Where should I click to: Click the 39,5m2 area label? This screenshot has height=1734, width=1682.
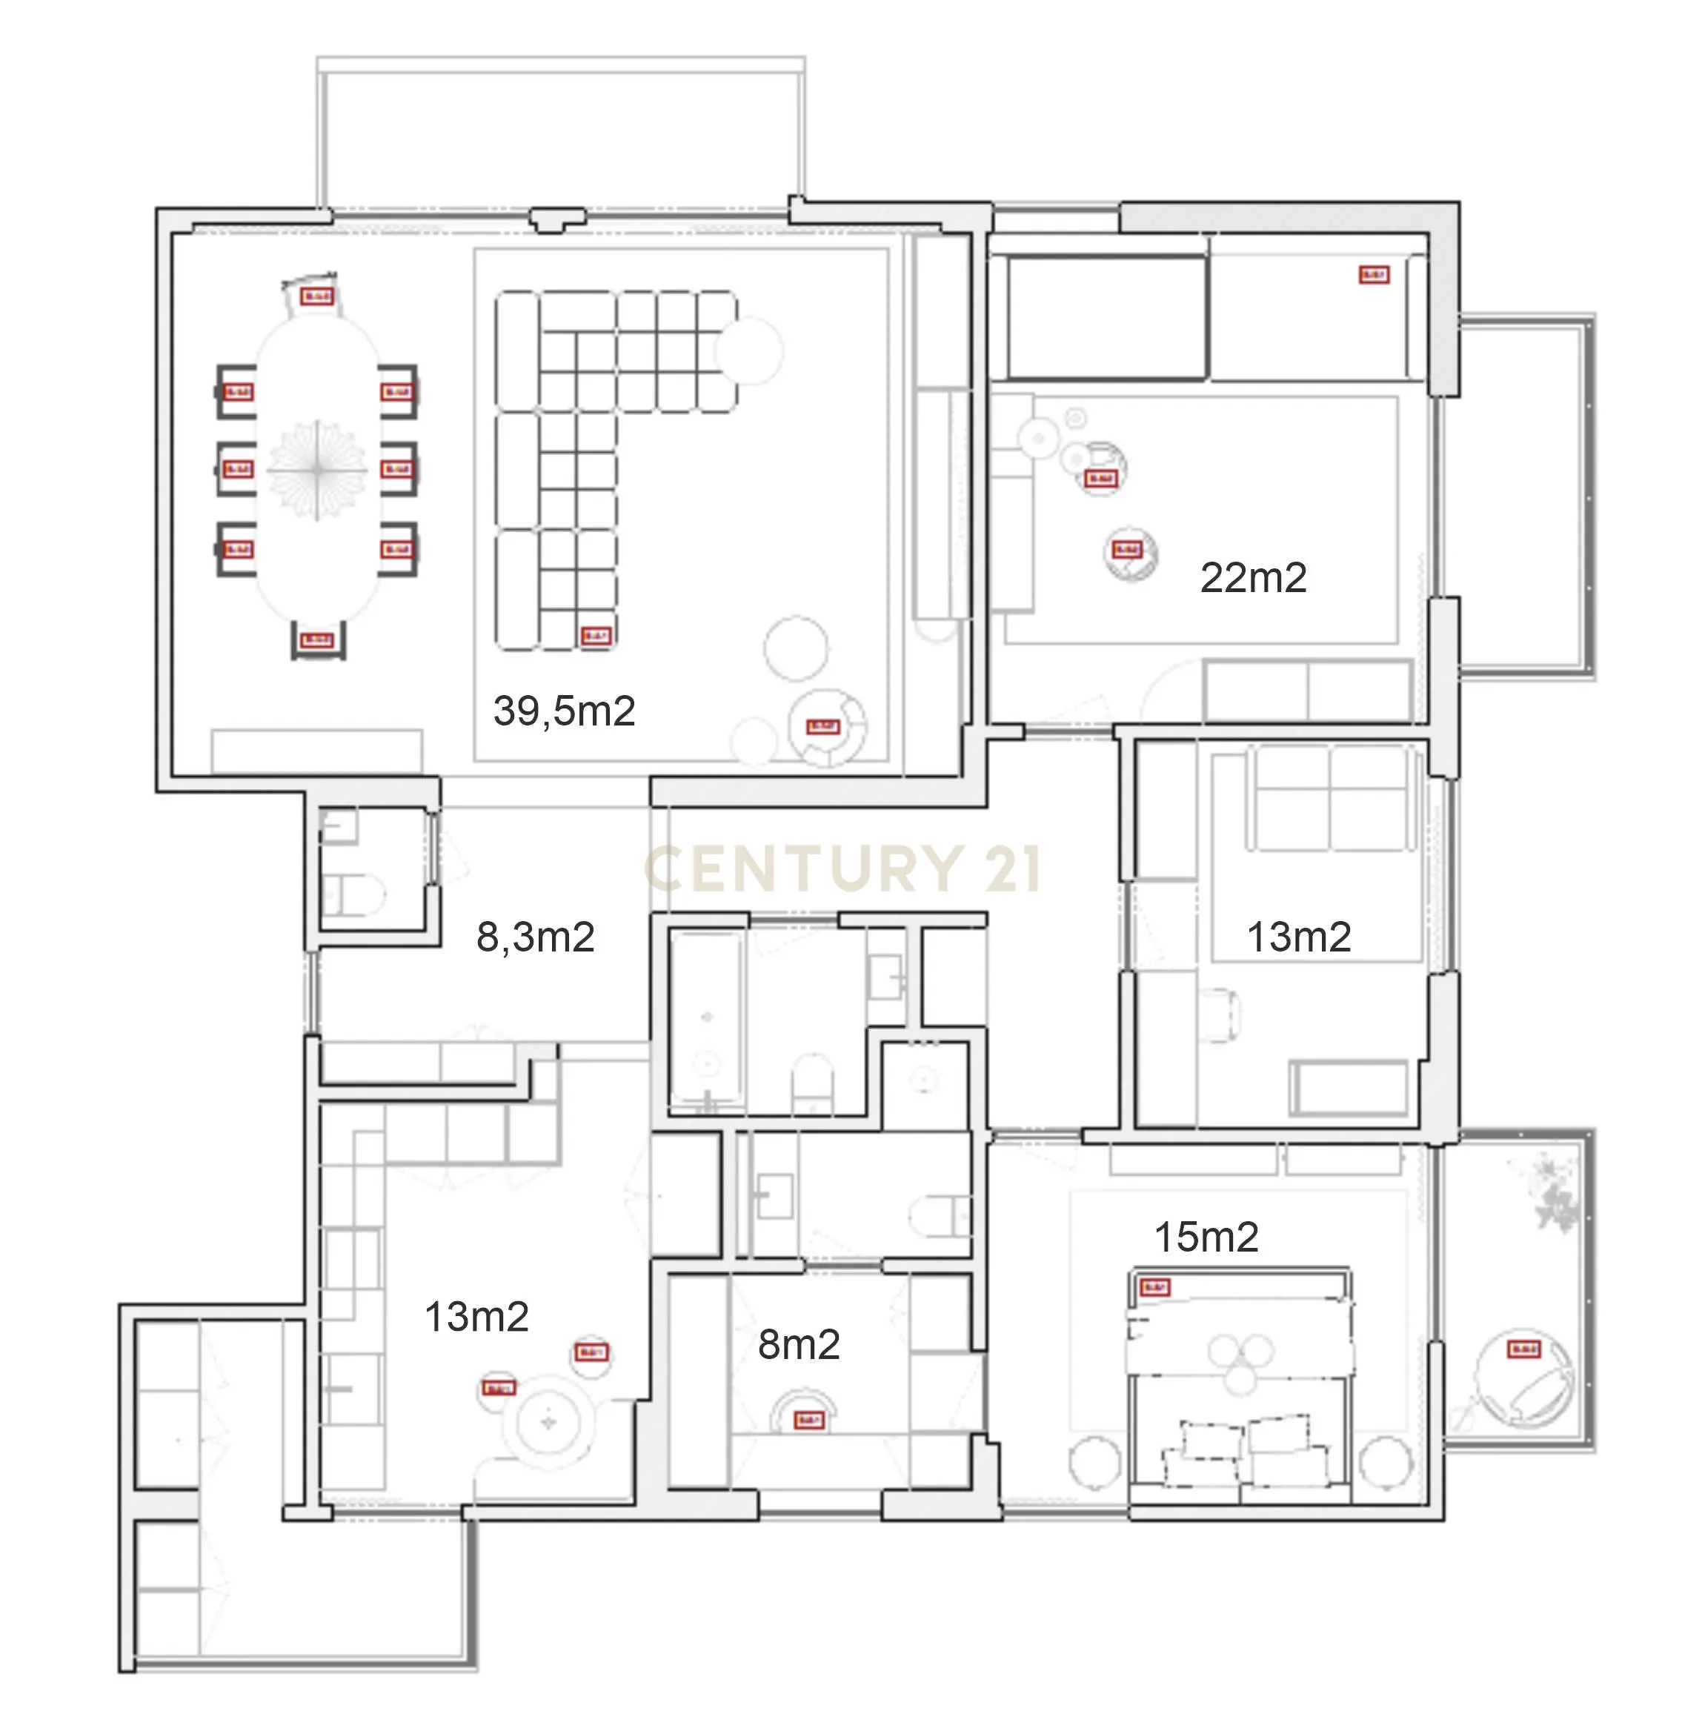pos(564,711)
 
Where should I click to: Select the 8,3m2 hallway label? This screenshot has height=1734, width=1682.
pos(535,937)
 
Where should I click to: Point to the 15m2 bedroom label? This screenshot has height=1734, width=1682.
pos(1206,1237)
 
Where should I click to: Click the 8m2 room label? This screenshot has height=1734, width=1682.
pos(798,1345)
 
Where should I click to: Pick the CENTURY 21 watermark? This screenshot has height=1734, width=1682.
pos(842,868)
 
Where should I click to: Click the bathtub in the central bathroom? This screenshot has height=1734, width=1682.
pos(706,1017)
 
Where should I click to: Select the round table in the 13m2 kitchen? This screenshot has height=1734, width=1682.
pos(548,1423)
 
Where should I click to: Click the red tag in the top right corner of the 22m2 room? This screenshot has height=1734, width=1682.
pos(1373,275)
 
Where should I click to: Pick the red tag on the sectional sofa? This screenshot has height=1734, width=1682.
pos(596,636)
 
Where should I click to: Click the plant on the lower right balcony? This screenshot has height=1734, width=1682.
pos(1553,1195)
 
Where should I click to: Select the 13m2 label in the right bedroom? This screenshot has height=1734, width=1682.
pos(1298,937)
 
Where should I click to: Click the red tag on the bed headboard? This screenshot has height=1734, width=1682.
pos(1154,1287)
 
